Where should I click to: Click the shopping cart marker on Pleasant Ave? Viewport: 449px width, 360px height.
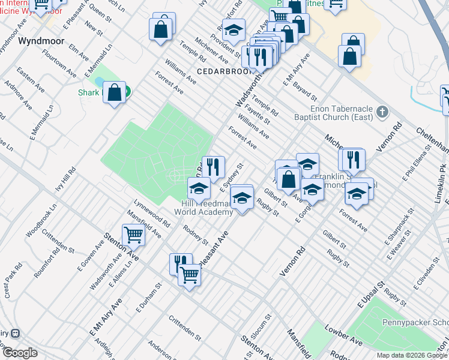tap(190, 275)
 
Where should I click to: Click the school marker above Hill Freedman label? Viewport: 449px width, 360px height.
tap(199, 188)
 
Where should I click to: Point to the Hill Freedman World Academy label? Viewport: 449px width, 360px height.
tap(203, 208)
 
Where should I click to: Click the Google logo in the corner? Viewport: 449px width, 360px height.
tap(20, 353)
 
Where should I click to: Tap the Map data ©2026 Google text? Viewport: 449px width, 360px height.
tap(412, 355)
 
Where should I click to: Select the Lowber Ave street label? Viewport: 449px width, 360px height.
tap(343, 336)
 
